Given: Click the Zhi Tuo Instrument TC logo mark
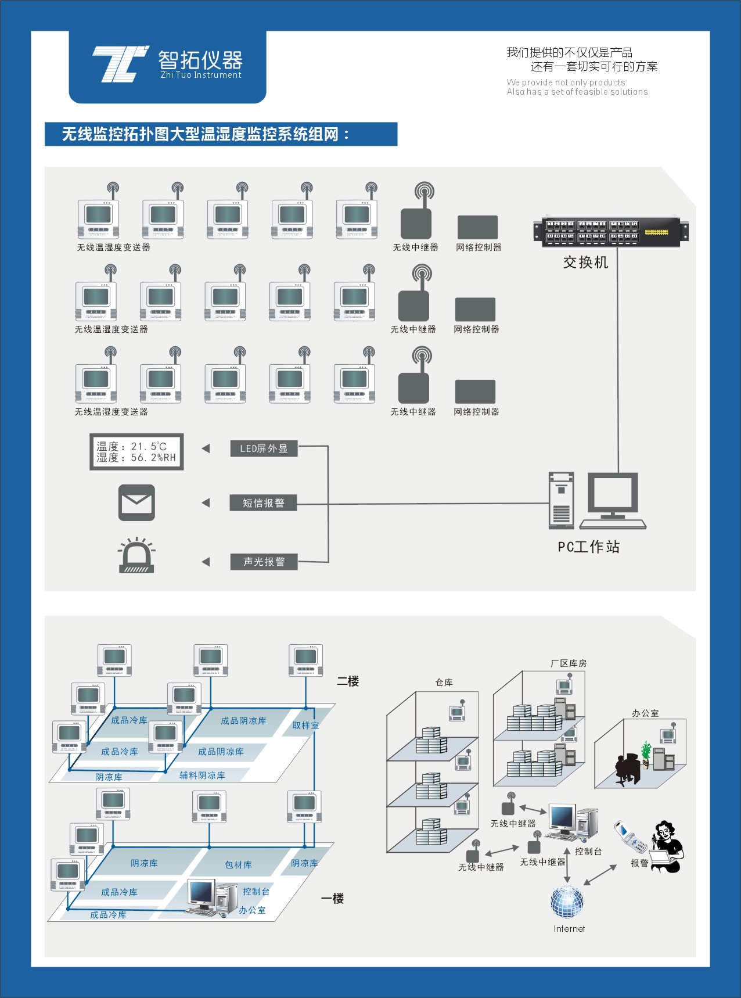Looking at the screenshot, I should [120, 64].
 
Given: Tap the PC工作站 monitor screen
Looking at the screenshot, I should [613, 493].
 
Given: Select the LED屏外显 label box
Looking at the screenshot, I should [264, 448].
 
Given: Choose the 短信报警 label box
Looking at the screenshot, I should [263, 503].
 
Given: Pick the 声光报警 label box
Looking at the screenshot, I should [264, 562].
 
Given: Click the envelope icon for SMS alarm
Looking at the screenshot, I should [136, 502].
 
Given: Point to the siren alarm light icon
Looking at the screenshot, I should [136, 557].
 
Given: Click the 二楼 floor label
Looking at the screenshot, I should [348, 681].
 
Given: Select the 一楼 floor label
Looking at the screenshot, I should [333, 899].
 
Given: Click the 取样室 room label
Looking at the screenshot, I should [305, 726].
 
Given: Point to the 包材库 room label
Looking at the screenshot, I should [238, 865].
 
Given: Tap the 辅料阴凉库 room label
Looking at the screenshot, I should [202, 776].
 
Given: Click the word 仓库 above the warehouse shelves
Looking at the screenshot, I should [444, 683].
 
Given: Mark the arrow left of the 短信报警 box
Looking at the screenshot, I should [206, 503].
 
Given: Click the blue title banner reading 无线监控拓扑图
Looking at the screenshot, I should [221, 134].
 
